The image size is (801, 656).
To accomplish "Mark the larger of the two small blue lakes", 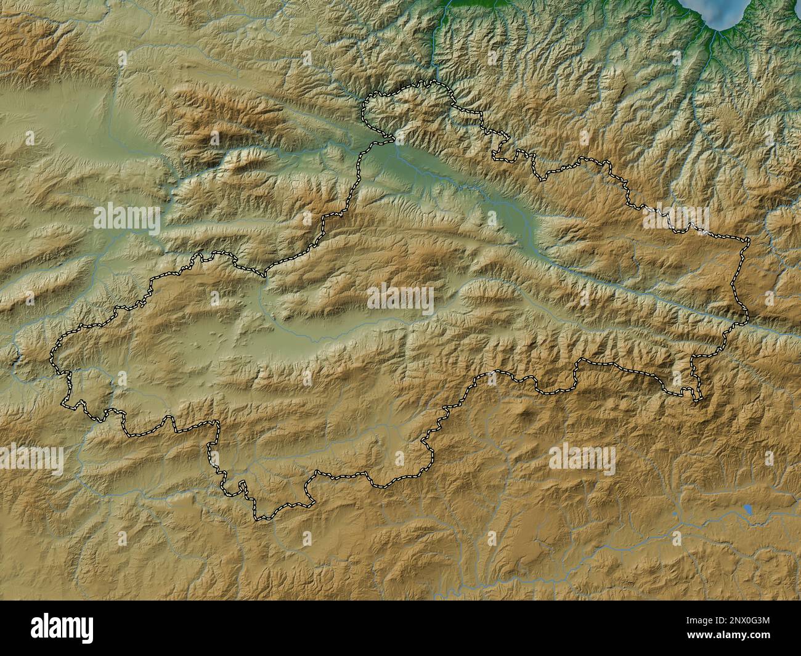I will [747, 510].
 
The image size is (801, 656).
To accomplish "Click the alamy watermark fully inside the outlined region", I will [400, 299].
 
